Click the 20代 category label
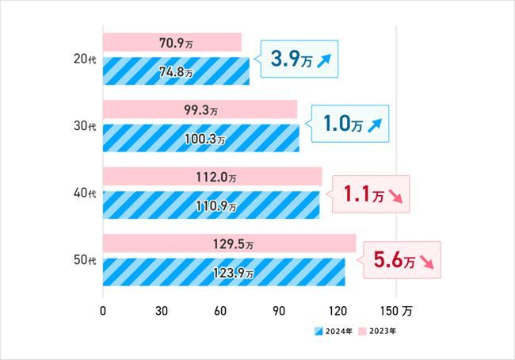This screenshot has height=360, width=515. (82, 59)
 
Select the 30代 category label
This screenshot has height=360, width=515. (82, 125)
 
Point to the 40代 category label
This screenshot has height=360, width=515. (82, 193)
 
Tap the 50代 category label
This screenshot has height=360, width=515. (82, 260)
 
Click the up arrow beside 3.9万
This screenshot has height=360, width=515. (324, 59)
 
